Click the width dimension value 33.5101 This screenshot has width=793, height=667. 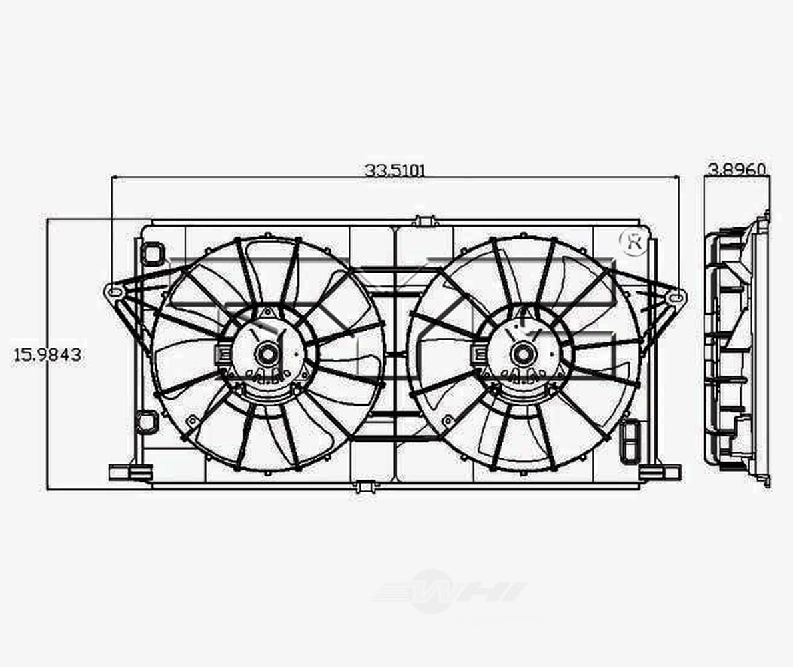coord(395,169)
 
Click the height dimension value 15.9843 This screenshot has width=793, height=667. coord(47,354)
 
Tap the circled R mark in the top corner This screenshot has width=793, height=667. coord(632,241)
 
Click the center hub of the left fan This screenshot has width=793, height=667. coord(268,353)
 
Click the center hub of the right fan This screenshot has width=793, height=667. coord(524,353)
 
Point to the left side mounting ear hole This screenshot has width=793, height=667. coord(114,292)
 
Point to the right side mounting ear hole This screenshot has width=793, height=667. coord(676,293)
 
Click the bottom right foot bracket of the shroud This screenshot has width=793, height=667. coord(659,472)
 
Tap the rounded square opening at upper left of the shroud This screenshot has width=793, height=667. coord(153,253)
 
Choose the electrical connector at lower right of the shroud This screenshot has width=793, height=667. coord(630,440)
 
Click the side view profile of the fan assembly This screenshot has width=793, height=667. coord(736,350)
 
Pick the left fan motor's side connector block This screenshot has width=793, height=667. coord(221,354)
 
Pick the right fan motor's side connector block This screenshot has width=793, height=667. coord(477,354)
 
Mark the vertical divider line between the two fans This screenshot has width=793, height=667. coord(395,354)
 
